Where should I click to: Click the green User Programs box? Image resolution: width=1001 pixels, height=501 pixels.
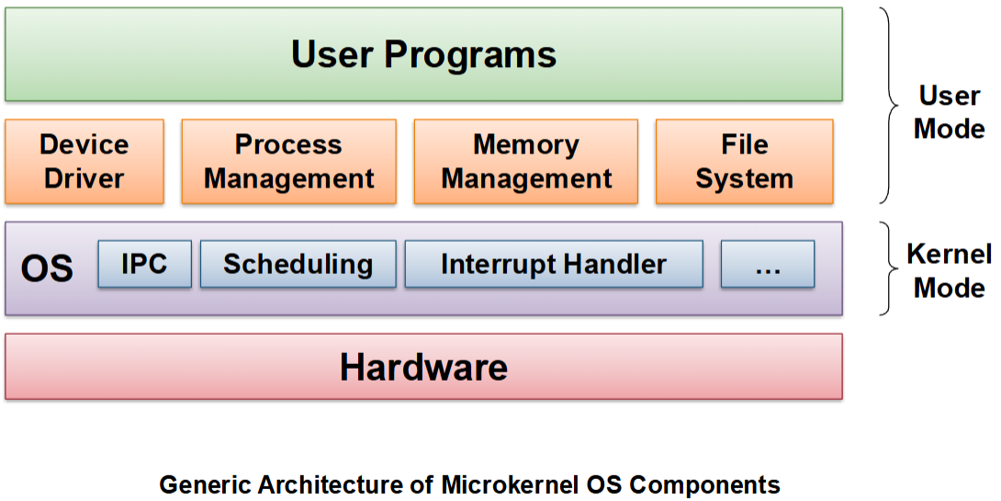423,54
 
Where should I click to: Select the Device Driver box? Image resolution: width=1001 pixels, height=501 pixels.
84,162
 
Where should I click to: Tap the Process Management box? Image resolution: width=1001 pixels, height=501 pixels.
288,162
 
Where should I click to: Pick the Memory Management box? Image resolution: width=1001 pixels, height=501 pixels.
526,162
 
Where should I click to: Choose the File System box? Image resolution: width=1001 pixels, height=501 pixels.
745,162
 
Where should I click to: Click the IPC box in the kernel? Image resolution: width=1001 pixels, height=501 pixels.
145,264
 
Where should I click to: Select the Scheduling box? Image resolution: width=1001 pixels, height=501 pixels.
298,264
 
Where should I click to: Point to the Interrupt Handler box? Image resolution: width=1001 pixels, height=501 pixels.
554,264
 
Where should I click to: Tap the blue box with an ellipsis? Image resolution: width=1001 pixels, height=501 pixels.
768,264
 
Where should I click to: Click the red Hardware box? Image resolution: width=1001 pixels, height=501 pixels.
423,367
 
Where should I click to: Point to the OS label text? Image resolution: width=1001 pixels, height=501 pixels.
47,269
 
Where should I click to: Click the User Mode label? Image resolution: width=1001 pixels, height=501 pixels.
950,112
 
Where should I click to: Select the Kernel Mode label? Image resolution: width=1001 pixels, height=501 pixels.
950,271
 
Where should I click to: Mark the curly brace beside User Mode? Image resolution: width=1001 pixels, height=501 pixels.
889,106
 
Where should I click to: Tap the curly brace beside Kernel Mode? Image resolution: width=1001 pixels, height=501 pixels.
889,268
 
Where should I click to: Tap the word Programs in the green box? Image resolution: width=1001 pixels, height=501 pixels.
470,55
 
